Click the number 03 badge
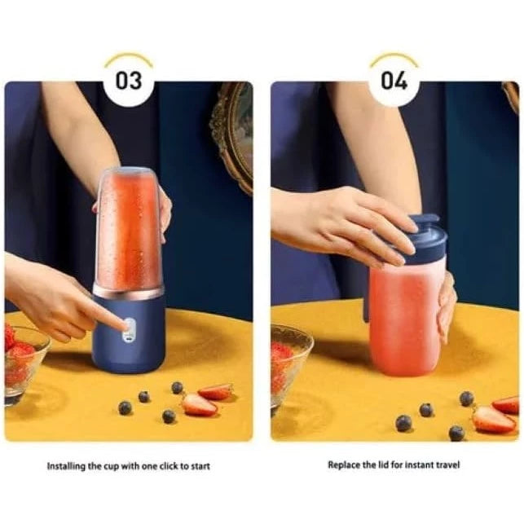(x=129, y=81)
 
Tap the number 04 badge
(x=394, y=81)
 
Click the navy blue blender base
(x=128, y=334)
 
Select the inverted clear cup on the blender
(x=128, y=227)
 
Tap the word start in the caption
(x=200, y=466)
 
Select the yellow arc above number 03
(x=129, y=58)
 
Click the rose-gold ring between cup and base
(x=128, y=292)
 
